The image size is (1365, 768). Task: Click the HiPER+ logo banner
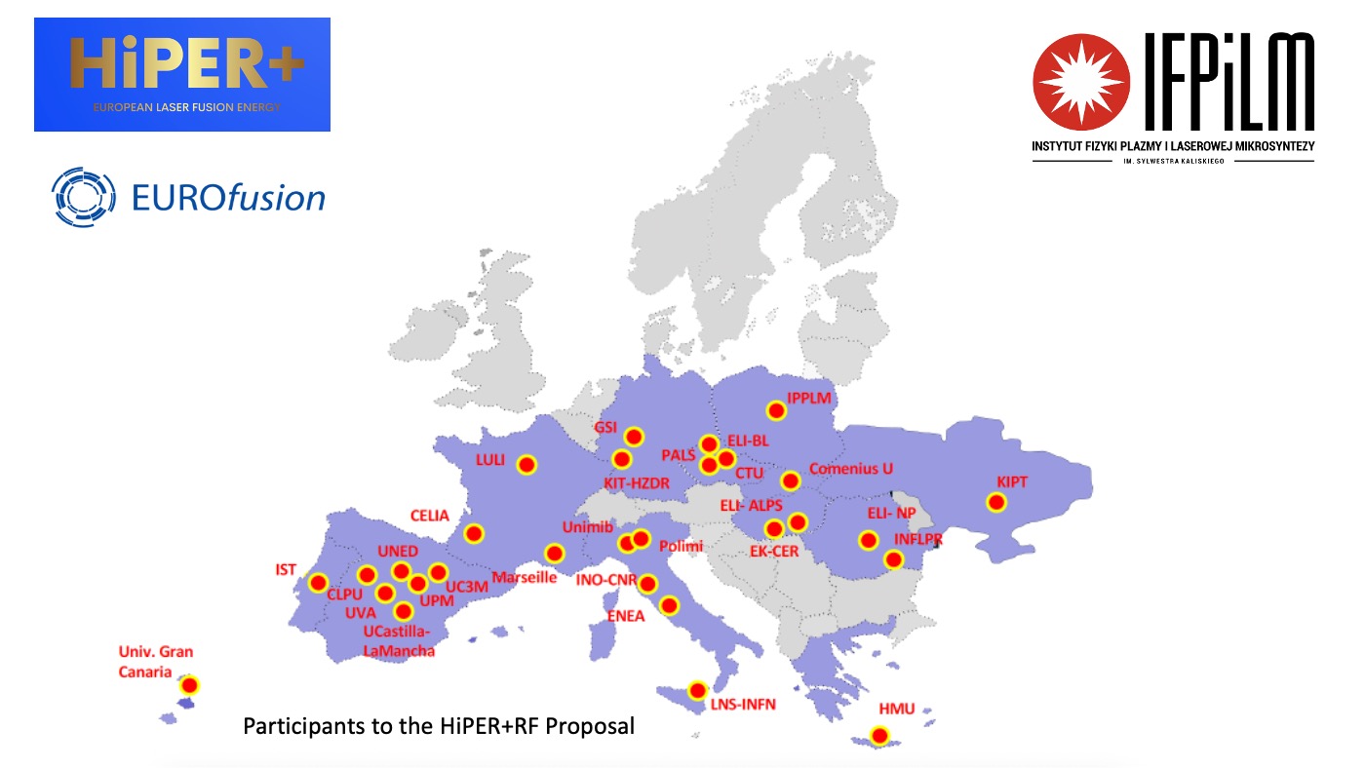tap(182, 74)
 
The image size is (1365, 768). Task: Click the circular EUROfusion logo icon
tap(83, 197)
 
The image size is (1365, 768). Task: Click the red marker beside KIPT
tap(995, 503)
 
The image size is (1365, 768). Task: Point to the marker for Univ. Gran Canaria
tap(190, 685)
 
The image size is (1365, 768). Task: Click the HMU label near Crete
tap(896, 709)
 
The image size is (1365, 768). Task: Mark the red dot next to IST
tap(318, 583)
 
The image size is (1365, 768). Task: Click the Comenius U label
tap(850, 468)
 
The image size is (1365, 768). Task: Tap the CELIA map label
tap(430, 516)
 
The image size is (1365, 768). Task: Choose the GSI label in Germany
tap(606, 427)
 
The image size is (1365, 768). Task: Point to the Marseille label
tap(524, 577)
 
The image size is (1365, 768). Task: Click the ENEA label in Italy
tap(625, 615)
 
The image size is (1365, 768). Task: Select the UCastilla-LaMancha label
tap(399, 640)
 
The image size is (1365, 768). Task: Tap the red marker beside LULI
tap(526, 465)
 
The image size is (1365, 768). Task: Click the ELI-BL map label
tap(748, 442)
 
